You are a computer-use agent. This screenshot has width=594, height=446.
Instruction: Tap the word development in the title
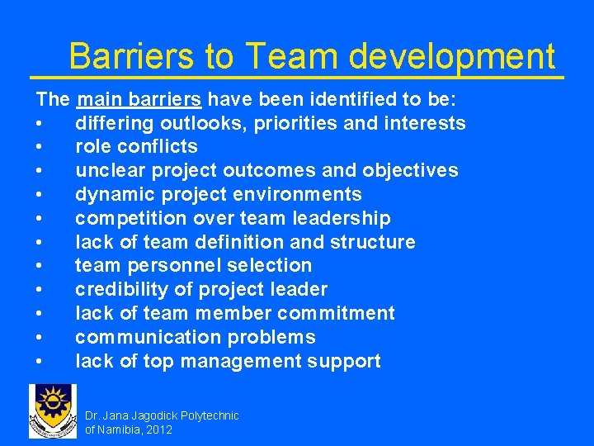pos(451,57)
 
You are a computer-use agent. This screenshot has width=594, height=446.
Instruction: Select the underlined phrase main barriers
pos(139,100)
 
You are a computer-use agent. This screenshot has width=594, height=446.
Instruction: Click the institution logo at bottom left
pos(53,411)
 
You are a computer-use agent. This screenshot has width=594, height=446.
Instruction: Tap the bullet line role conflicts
pos(136,147)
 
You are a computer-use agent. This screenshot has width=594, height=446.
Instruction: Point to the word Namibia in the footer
pos(119,429)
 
